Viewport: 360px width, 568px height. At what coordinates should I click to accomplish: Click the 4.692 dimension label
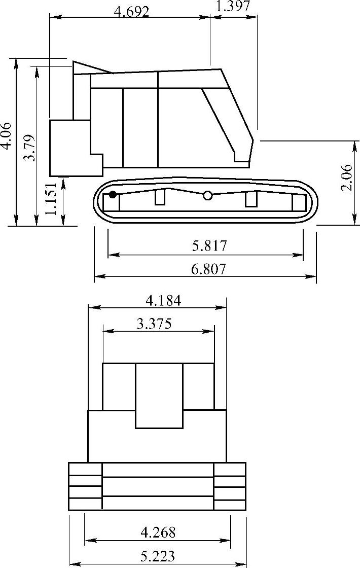[x=131, y=12]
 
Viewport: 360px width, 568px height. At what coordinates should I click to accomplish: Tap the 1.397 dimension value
[x=233, y=6]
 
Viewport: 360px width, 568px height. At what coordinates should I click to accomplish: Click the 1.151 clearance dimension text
[x=51, y=198]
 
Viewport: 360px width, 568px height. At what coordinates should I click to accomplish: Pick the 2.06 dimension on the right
[x=346, y=177]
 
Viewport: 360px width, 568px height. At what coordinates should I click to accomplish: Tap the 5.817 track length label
[x=209, y=245]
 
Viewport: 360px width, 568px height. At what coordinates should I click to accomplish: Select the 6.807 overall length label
[x=208, y=269]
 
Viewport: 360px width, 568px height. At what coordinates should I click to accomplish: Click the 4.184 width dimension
[x=163, y=300]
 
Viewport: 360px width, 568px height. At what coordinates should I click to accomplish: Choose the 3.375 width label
[x=154, y=324]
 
